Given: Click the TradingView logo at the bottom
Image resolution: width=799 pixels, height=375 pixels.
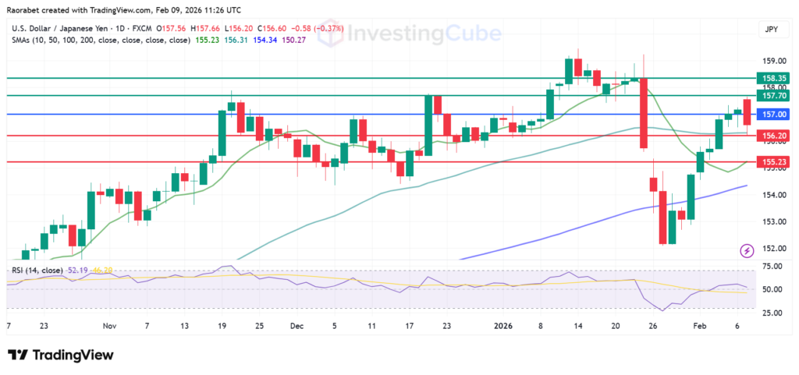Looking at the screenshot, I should tap(62, 356).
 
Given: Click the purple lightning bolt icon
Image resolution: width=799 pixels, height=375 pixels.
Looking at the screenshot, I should tap(747, 250).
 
